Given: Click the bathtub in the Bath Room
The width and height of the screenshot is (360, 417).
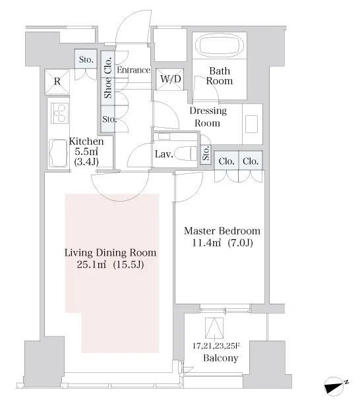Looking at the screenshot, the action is click(x=220, y=45).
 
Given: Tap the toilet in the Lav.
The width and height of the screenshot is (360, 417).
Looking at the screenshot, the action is click(x=187, y=153).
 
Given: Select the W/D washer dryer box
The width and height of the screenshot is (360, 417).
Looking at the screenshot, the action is click(x=170, y=79).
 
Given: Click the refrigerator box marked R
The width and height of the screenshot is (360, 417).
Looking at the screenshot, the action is click(x=57, y=82).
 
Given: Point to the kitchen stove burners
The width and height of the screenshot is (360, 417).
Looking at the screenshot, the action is click(x=59, y=113).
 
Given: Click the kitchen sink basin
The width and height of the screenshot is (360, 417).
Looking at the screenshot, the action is click(x=58, y=153).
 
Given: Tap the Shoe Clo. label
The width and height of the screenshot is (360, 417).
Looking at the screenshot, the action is click(x=108, y=78).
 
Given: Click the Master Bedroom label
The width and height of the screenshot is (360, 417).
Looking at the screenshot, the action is click(x=222, y=231).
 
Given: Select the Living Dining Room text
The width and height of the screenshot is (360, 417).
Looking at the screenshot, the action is click(x=110, y=252).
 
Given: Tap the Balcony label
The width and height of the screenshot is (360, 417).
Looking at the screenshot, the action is click(x=220, y=358).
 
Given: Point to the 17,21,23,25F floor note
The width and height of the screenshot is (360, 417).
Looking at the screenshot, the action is click(x=216, y=346).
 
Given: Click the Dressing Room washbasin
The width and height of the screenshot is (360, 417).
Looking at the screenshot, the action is click(x=251, y=124).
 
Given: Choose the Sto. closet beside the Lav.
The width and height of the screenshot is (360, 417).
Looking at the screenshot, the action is click(x=206, y=154).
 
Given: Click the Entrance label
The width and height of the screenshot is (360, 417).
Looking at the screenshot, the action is click(x=133, y=70).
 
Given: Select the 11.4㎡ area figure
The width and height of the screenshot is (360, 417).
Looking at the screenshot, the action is click(x=206, y=243).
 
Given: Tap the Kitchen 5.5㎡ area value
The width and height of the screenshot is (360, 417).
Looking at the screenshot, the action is click(x=86, y=152).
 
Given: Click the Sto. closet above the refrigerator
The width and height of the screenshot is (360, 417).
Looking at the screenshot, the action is click(x=86, y=59).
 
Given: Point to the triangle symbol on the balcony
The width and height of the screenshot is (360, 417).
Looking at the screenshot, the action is click(x=214, y=328).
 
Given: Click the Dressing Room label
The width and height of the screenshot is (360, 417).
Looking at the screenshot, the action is click(x=208, y=117).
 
